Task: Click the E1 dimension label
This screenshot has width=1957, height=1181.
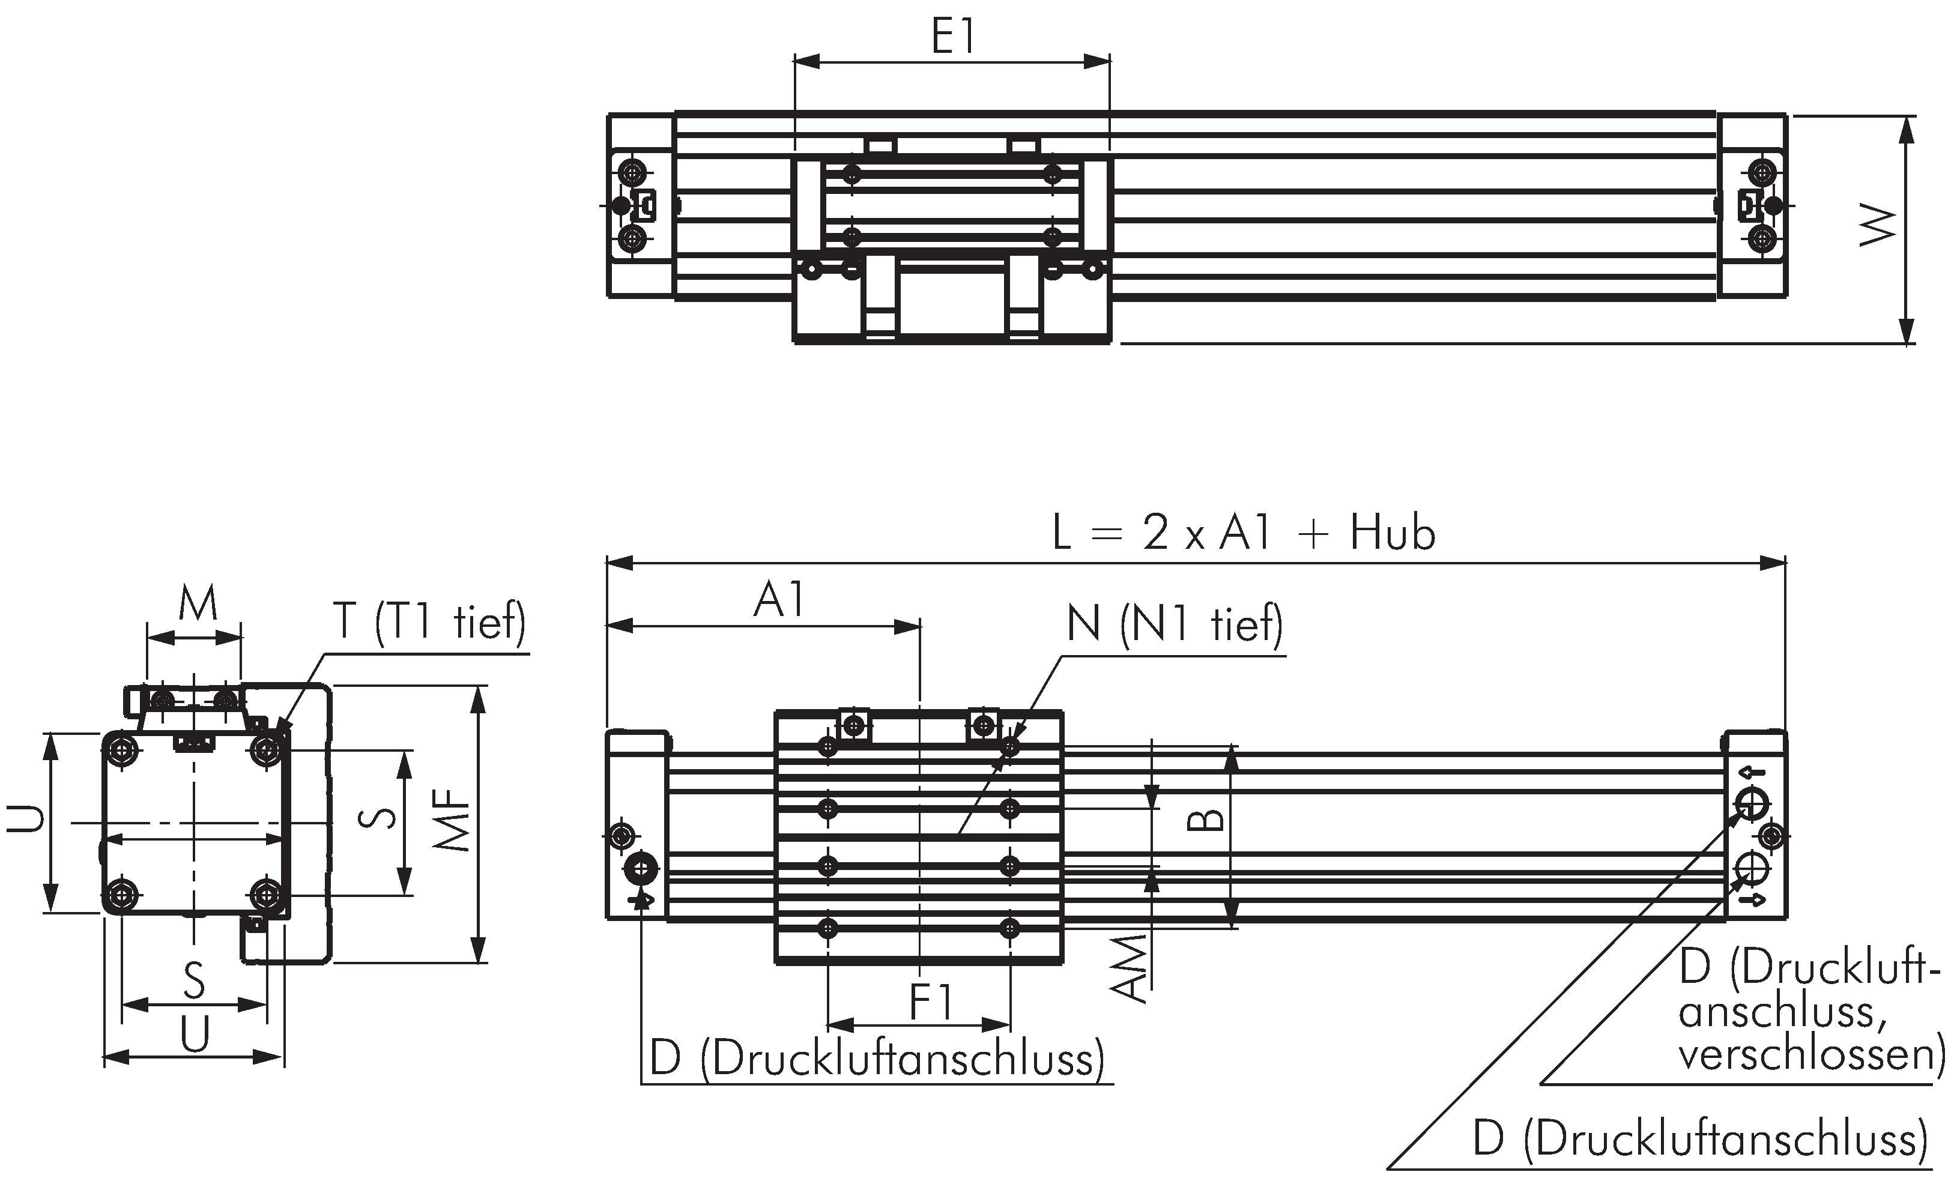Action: tap(952, 37)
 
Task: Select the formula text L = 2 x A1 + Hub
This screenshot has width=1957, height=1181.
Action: tap(1244, 533)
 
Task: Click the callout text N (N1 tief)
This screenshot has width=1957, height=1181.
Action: tap(1175, 624)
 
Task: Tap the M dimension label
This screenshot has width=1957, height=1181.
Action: tap(198, 605)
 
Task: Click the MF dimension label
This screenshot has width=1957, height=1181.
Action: tap(456, 820)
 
